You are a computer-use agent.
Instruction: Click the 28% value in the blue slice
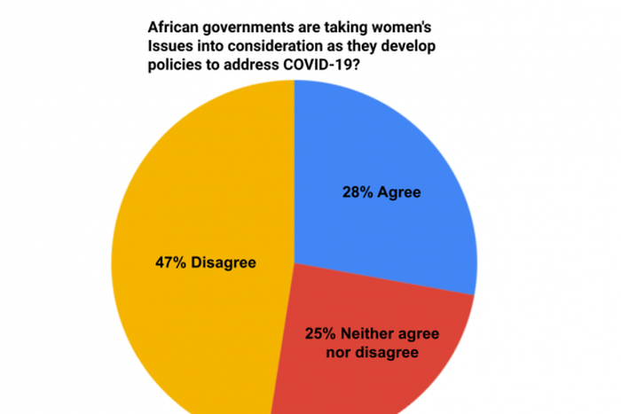pyautogui.click(x=358, y=191)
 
